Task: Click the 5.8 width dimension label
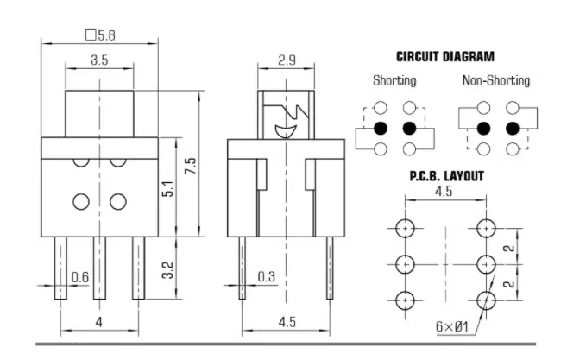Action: pyautogui.click(x=100, y=35)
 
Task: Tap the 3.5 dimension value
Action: pyautogui.click(x=99, y=60)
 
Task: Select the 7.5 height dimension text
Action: pyautogui.click(x=190, y=166)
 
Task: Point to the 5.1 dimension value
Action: pyautogui.click(x=167, y=188)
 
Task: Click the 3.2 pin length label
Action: pyautogui.click(x=167, y=270)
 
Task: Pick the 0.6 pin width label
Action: pyautogui.click(x=80, y=277)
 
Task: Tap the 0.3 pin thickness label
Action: pyautogui.click(x=267, y=277)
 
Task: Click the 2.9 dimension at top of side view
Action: pyautogui.click(x=287, y=60)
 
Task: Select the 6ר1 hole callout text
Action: pyautogui.click(x=452, y=326)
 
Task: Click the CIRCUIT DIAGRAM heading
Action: pyautogui.click(x=445, y=57)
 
